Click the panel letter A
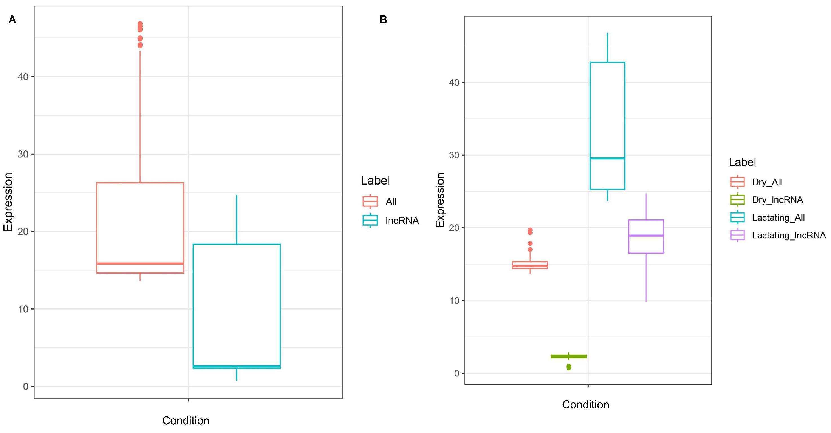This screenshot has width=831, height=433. (12, 20)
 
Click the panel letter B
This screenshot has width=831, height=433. (383, 20)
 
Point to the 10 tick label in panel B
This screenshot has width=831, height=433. (454, 301)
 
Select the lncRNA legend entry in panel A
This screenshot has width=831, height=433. (402, 221)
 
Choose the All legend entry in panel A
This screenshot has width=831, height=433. (391, 201)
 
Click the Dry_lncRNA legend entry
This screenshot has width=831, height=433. (777, 200)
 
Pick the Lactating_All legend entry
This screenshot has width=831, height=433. (778, 218)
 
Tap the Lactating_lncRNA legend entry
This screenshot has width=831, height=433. (788, 235)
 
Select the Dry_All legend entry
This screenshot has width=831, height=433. (766, 182)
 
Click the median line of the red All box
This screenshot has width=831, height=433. (140, 263)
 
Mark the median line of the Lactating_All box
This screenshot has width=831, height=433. (607, 158)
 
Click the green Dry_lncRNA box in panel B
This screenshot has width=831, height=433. (568, 356)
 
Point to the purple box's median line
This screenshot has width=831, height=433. (646, 235)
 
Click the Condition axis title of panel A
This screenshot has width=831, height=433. (185, 420)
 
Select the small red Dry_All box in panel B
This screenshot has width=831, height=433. (530, 265)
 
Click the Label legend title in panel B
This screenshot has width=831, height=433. (742, 162)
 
